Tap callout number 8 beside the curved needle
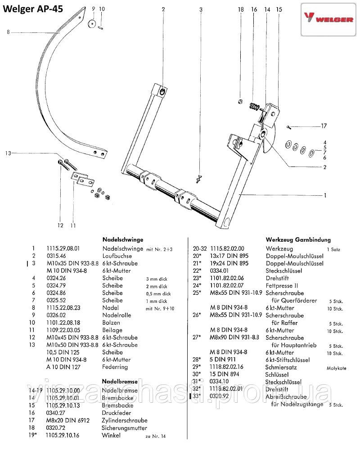pos(8,31)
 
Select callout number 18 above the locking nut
pos(241,9)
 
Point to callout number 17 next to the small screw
pos(324,126)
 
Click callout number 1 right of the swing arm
pos(325,196)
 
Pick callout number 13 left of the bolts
pos(8,153)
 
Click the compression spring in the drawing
pos(255,107)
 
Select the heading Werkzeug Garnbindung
pos(298,240)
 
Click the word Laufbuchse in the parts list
pos(116,256)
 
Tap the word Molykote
pos(336,368)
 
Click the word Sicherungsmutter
pos(125,428)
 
